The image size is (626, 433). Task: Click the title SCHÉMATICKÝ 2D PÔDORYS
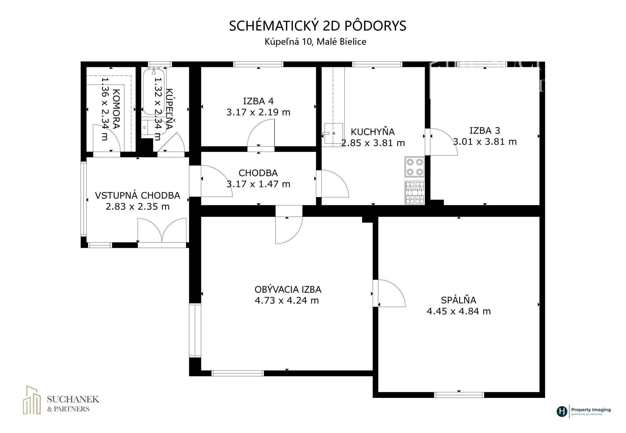tap(317, 26)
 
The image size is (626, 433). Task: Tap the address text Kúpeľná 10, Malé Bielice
tap(315, 41)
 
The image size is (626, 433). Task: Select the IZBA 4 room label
tap(258, 101)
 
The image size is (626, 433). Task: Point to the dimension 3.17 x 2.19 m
tap(258, 112)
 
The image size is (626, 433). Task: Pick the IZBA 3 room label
tap(485, 130)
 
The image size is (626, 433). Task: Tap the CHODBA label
tap(258, 173)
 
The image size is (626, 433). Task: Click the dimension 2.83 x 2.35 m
tap(137, 206)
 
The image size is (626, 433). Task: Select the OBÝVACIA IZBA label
tap(288, 290)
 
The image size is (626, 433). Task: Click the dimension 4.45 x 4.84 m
tap(459, 311)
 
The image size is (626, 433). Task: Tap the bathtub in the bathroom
tap(154, 92)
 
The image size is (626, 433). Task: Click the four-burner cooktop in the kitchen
tap(414, 167)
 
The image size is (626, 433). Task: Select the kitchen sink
tap(334, 133)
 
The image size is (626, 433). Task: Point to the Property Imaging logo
tap(584, 411)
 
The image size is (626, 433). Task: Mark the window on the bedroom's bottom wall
tap(459, 395)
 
